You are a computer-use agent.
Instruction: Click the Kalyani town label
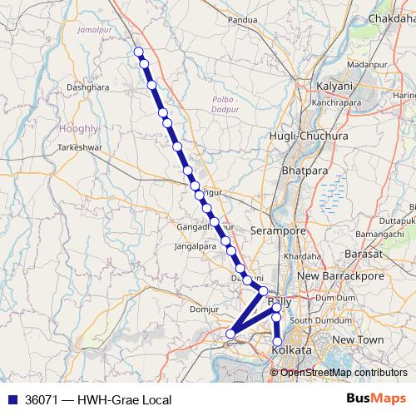336,87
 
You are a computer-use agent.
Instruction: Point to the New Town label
359,340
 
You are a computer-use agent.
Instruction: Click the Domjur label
205,310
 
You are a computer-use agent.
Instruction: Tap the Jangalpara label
194,246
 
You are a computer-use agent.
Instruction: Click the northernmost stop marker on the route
139,52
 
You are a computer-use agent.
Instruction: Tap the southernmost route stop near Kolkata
277,341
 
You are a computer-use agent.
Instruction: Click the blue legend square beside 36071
12,400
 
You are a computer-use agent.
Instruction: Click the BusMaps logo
375,399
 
